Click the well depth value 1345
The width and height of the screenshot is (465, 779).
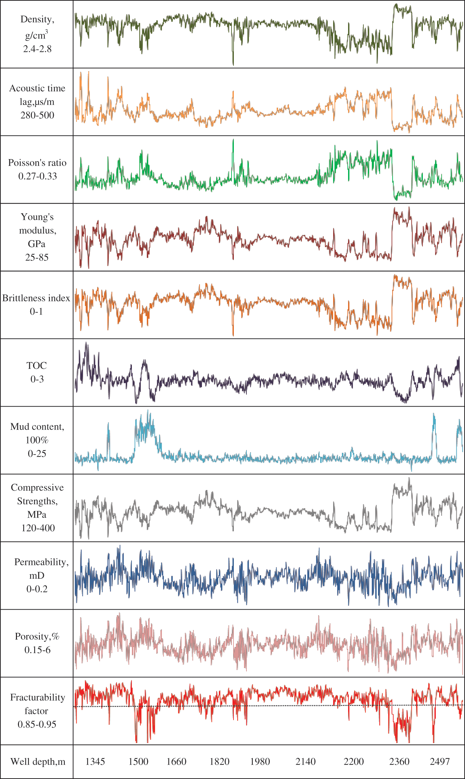95,761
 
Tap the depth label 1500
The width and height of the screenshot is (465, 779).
138,761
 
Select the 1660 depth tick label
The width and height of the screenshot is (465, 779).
176,761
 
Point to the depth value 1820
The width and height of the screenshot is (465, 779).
220,761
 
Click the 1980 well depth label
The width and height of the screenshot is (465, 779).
260,761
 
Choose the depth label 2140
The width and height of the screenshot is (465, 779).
306,761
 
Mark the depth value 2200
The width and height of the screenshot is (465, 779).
354,761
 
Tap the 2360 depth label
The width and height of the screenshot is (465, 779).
399,761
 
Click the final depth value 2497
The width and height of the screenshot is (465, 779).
440,761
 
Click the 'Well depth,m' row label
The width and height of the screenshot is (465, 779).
38,761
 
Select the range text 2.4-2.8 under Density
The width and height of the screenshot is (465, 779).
37,49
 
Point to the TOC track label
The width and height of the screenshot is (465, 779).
37,365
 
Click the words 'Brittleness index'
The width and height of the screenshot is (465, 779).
36,298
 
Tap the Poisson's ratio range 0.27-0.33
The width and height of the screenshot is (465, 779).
38,176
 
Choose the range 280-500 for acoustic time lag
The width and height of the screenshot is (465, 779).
37,115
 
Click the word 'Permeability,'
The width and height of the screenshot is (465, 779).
42,562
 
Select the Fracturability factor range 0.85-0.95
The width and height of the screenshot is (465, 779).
37,724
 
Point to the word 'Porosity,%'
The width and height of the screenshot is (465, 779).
37,636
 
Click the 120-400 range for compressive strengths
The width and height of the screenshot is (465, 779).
38,528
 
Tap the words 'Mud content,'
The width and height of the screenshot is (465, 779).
37,427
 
